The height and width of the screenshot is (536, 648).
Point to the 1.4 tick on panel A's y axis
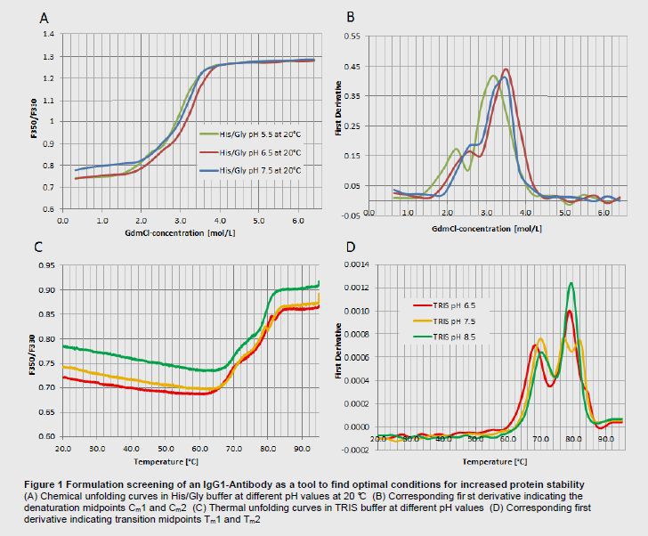pos(48,34)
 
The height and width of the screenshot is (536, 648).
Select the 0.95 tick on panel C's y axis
pos(45,265)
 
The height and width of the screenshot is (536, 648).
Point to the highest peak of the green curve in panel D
pos(571,283)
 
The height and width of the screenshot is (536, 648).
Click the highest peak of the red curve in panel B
pos(506,69)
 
